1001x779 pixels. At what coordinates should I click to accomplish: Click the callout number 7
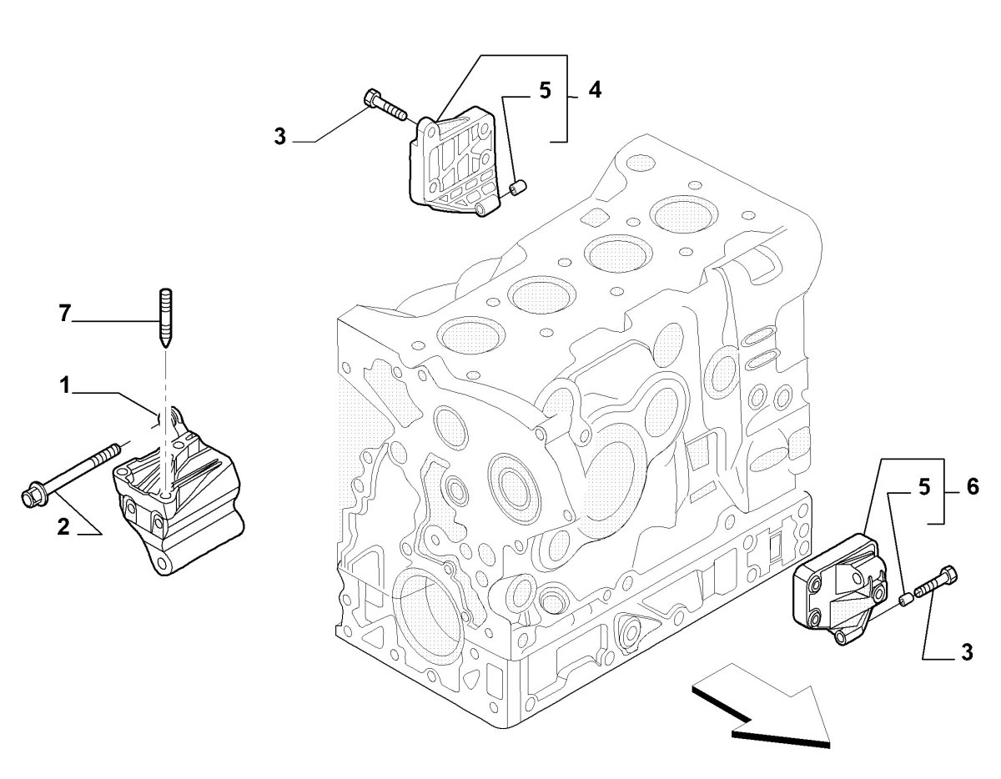(63, 314)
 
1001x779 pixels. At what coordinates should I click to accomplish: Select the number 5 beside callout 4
(545, 90)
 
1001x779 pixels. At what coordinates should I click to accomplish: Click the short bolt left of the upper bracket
(384, 106)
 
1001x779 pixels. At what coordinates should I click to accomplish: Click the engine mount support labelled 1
(179, 500)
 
